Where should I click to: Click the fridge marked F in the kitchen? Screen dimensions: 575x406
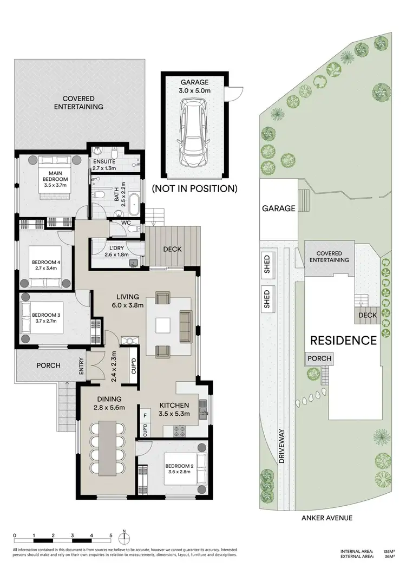tap(145, 416)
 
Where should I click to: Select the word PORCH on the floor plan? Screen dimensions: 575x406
tap(48, 365)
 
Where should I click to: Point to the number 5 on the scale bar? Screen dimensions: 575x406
tap(110, 535)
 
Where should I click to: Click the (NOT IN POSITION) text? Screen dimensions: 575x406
tap(194, 189)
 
